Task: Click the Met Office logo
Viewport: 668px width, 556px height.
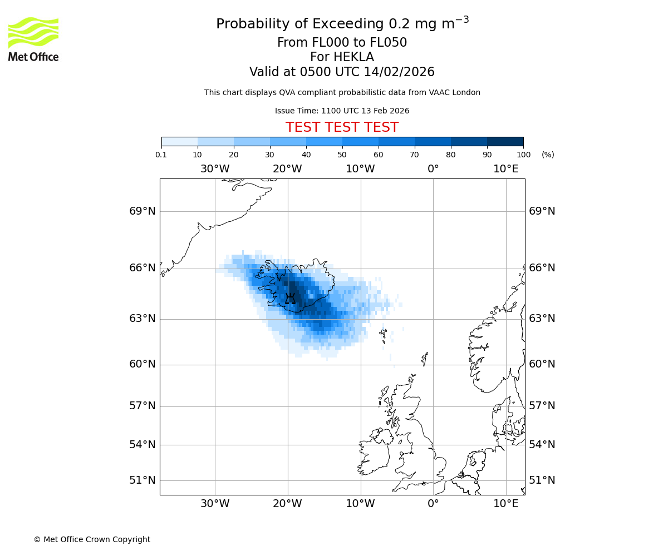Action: pyautogui.click(x=33, y=39)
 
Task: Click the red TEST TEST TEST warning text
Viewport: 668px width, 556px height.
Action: pyautogui.click(x=342, y=128)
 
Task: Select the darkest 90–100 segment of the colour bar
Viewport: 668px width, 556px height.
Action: pyautogui.click(x=505, y=141)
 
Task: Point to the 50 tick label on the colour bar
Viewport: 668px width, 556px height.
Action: pyautogui.click(x=342, y=155)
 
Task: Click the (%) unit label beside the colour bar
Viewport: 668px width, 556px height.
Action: pyautogui.click(x=548, y=155)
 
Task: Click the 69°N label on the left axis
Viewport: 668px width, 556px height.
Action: pyautogui.click(x=143, y=211)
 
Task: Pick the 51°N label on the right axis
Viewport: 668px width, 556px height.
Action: pyautogui.click(x=542, y=480)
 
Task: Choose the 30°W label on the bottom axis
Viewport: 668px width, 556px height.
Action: pyautogui.click(x=215, y=504)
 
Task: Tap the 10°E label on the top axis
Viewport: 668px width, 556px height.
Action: pyautogui.click(x=505, y=169)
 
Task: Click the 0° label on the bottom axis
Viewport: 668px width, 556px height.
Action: pyautogui.click(x=433, y=504)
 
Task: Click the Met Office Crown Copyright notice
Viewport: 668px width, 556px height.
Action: pyautogui.click(x=92, y=539)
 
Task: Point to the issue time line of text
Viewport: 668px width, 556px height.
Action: pyautogui.click(x=342, y=111)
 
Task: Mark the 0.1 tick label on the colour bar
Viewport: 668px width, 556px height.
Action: pyautogui.click(x=161, y=155)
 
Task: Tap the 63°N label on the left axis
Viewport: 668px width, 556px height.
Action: pyautogui.click(x=143, y=319)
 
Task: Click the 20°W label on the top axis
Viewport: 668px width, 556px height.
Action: pyautogui.click(x=288, y=169)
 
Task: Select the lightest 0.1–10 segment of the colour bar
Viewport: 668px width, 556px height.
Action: pyautogui.click(x=179, y=141)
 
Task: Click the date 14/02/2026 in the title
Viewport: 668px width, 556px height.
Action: pyautogui.click(x=399, y=72)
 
